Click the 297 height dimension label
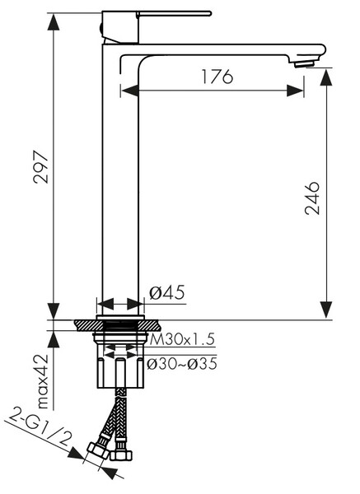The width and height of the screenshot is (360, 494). pos(41,167)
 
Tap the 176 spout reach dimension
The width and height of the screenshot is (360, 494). pos(217,77)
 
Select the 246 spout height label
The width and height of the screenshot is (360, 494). pos(312,198)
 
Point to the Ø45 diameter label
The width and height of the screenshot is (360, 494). pos(166,292)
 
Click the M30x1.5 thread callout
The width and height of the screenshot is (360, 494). pos(182,339)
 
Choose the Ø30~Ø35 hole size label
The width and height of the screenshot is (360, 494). pos(182,364)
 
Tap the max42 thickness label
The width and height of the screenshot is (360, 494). pos(42,382)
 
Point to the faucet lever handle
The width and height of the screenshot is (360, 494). pos(174,13)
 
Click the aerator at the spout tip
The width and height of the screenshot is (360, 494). pos(305,64)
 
